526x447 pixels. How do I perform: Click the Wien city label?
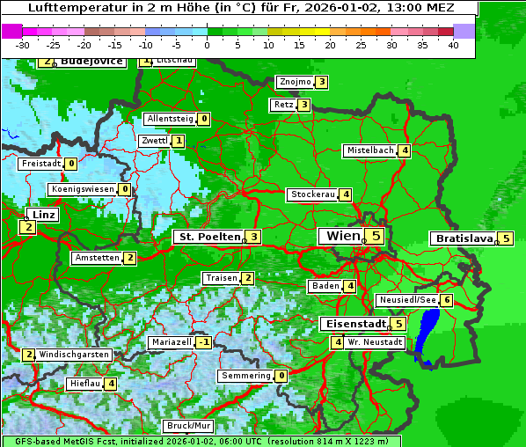click(x=343, y=236)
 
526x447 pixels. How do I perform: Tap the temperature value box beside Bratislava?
click(x=506, y=238)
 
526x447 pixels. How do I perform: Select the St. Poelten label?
click(x=208, y=237)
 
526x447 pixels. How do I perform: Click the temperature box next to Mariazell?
click(x=204, y=341)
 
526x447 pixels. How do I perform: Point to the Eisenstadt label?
click(x=353, y=324)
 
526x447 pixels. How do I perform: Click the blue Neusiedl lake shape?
click(x=427, y=333)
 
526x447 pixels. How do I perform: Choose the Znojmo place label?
click(x=295, y=82)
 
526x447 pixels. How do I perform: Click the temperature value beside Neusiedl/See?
click(x=447, y=300)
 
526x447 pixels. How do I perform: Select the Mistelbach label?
click(x=370, y=150)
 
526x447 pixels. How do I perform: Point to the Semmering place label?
click(x=246, y=376)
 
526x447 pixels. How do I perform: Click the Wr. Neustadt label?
click(x=375, y=341)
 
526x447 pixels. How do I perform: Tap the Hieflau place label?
click(x=85, y=384)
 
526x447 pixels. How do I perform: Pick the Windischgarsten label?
click(x=74, y=355)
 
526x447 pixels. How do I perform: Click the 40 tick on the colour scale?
click(x=453, y=45)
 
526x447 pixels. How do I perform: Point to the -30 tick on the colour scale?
click(x=23, y=45)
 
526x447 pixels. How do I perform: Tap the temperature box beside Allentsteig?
click(x=204, y=119)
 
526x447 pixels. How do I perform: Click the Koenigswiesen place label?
click(x=83, y=189)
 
